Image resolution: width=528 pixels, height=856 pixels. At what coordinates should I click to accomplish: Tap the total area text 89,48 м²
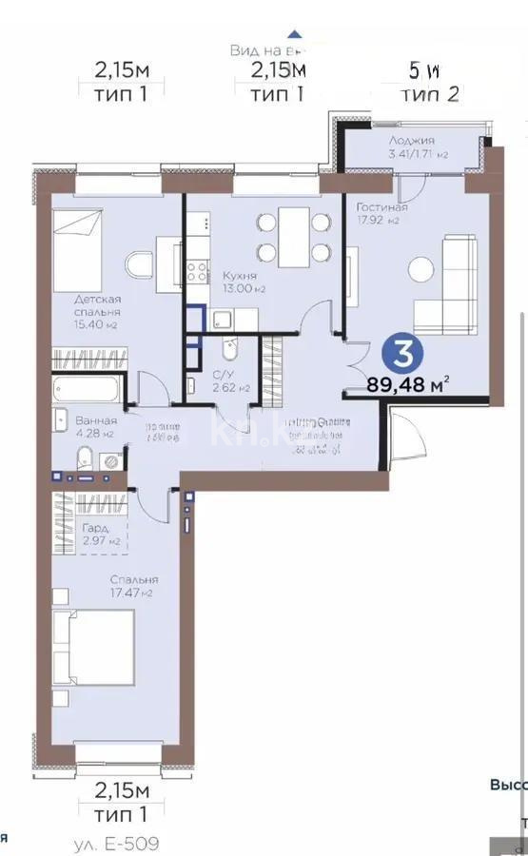click(408, 385)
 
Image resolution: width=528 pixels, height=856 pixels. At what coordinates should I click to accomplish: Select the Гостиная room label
click(381, 207)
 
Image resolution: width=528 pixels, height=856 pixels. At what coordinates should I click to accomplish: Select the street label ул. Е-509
click(116, 843)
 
